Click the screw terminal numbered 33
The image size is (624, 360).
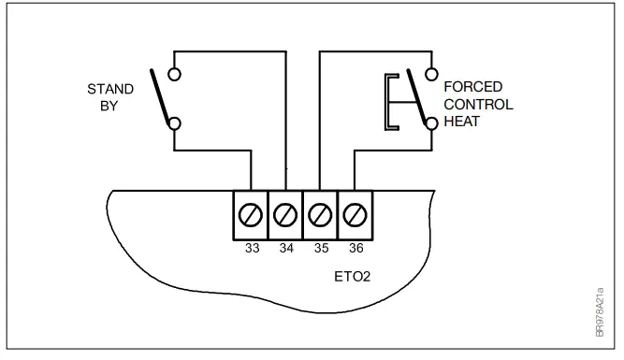tap(251, 217)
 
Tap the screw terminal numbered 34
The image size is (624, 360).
tap(285, 217)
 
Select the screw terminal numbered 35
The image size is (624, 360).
tap(320, 217)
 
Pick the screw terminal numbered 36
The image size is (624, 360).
tap(355, 217)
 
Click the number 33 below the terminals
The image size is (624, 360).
tap(251, 251)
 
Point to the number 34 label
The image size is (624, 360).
tap(285, 251)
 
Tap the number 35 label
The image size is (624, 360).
tap(320, 251)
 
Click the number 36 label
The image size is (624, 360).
tap(355, 251)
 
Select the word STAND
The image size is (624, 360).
tap(110, 90)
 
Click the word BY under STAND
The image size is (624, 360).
tap(110, 106)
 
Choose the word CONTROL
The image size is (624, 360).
tap(478, 104)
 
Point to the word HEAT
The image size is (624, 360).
tap(461, 121)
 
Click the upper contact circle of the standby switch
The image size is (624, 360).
tap(175, 71)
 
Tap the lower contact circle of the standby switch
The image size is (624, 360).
tap(175, 122)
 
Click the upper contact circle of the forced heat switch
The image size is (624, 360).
tap(430, 71)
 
